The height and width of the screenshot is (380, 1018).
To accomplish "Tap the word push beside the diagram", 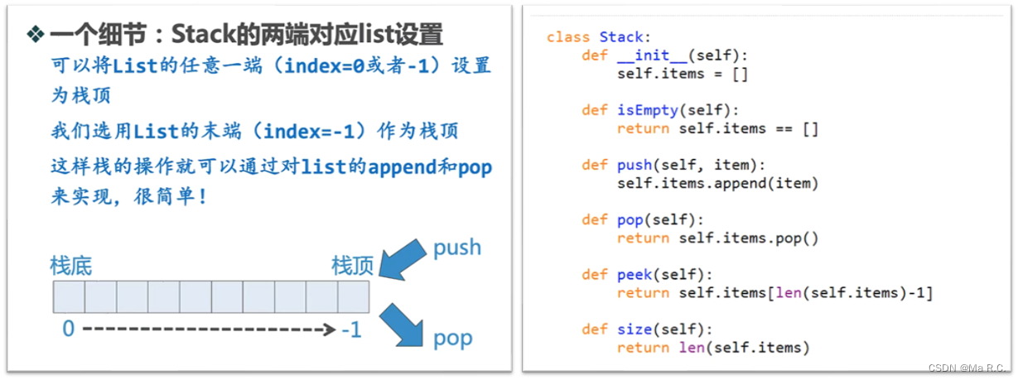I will (457, 247).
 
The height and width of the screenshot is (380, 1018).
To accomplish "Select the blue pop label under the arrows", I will (452, 338).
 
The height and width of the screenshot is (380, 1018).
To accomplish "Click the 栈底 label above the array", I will (71, 266).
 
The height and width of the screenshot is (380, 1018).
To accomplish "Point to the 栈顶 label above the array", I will (353, 266).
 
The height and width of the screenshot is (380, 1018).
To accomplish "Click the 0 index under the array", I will (68, 329).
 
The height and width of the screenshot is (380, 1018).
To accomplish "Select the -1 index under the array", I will (351, 329).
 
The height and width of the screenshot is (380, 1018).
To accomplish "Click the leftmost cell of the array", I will (70, 296).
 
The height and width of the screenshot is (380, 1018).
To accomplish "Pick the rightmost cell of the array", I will (353, 296).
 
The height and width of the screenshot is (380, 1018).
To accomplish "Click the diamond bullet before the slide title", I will (35, 34).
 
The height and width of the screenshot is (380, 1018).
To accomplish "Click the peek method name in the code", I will (634, 274).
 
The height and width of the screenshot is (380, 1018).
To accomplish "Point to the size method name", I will (634, 329).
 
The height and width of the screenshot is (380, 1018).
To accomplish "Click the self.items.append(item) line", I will (717, 183).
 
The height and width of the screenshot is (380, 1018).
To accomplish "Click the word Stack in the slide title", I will (200, 34).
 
